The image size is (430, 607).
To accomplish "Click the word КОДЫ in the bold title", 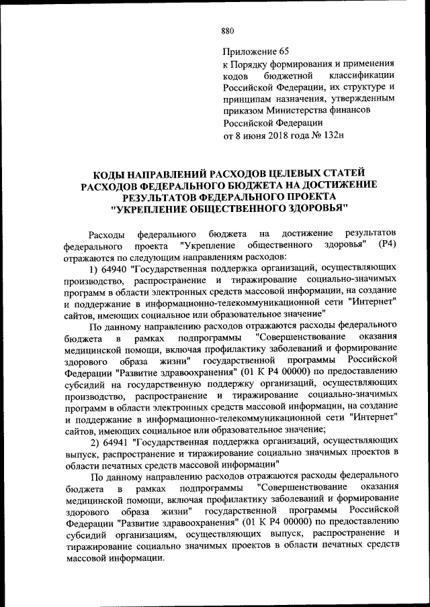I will pyautogui.click(x=110, y=172).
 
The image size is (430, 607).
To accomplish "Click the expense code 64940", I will pyautogui.click(x=116, y=269).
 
